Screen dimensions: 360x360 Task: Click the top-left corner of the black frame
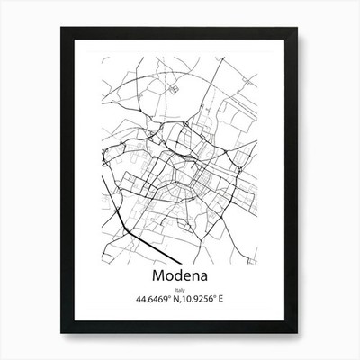(62, 28)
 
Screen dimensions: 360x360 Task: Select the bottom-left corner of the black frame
(62, 333)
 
